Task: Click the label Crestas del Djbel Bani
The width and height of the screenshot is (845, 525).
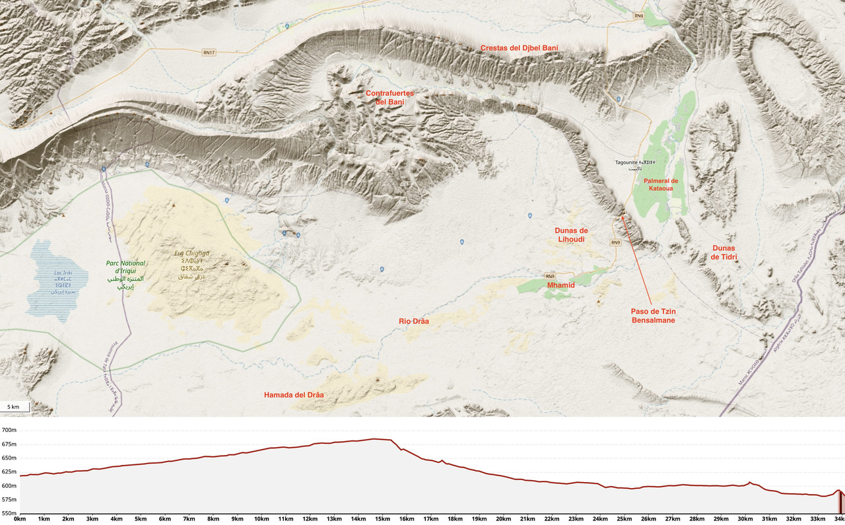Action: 519,48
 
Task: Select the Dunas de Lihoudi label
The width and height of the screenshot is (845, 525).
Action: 571,234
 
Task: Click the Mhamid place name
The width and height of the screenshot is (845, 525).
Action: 561,285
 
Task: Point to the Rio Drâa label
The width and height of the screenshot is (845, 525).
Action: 414,321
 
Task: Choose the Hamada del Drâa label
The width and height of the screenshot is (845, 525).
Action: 294,395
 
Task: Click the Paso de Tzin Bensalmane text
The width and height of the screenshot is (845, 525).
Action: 652,315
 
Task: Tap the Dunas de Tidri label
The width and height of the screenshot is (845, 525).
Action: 723,252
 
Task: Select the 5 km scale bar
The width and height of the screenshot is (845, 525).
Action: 15,407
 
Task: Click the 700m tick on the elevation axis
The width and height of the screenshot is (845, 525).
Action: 9,430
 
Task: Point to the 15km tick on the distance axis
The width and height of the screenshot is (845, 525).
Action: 383,519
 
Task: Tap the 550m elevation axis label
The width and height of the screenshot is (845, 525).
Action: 9,513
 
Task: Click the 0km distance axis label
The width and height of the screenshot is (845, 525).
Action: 20,519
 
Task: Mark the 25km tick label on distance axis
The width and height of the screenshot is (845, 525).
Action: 625,519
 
